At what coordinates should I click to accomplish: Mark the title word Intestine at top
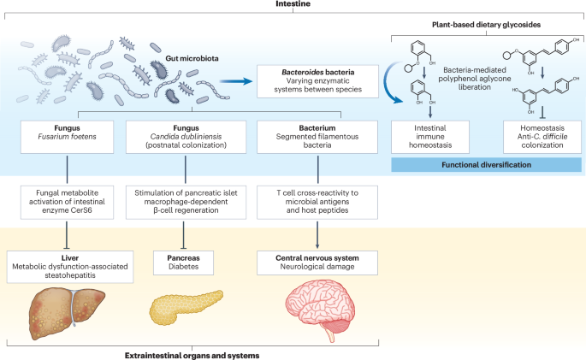tap(292, 6)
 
